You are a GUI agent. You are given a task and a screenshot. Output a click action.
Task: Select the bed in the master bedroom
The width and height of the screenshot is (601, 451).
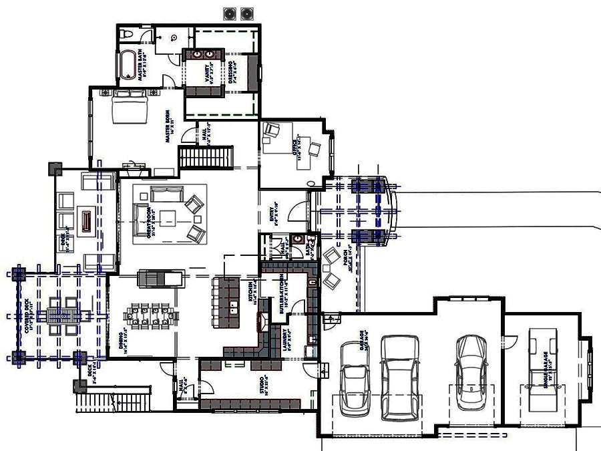130,107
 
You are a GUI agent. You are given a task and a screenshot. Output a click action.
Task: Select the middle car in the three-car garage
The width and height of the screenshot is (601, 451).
399,378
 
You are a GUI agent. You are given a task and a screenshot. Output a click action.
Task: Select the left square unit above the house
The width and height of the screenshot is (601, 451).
231,12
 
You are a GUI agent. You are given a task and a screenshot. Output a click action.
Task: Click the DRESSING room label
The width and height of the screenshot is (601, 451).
231,72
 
